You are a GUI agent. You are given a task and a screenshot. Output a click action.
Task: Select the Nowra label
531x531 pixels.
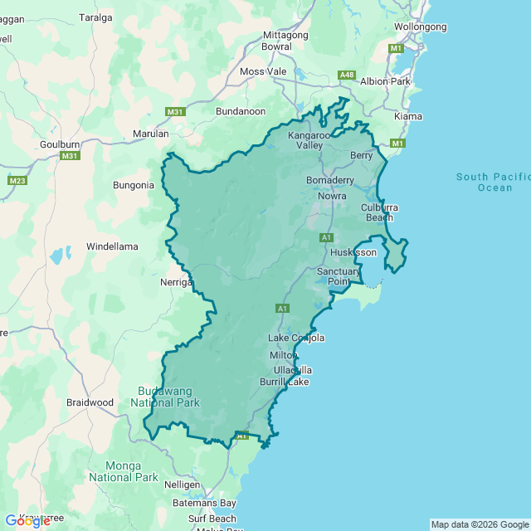(x=333, y=197)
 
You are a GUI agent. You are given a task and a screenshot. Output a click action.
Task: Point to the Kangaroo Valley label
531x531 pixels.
(x=309, y=140)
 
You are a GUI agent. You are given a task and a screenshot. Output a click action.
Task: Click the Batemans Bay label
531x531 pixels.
(x=204, y=503)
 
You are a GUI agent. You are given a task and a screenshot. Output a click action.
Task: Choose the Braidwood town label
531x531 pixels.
(x=90, y=402)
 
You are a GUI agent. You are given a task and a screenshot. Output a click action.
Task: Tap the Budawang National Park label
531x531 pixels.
(x=165, y=397)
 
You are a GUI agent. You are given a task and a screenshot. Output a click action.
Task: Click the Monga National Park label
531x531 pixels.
(x=123, y=471)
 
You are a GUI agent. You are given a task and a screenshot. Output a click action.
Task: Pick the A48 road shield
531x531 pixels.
(x=347, y=76)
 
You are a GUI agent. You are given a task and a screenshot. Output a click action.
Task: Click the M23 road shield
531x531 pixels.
(x=17, y=180)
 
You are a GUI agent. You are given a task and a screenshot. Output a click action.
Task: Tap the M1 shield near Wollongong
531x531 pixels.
(x=396, y=48)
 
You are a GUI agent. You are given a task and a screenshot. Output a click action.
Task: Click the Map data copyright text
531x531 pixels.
(x=480, y=524)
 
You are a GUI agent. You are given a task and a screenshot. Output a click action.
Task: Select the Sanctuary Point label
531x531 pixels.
(x=339, y=276)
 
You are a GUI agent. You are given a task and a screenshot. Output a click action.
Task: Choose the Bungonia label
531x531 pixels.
(x=134, y=185)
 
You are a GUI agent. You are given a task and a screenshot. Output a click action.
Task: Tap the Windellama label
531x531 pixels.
(x=112, y=246)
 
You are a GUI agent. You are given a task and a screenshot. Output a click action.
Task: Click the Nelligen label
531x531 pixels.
(x=182, y=484)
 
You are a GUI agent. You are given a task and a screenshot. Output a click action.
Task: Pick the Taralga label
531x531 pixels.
(x=95, y=17)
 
